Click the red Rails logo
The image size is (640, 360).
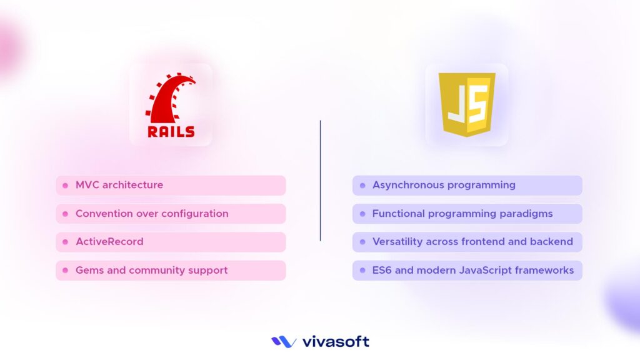coord(170,104)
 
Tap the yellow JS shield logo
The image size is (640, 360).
coord(466,104)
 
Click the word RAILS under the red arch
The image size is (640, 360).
coord(171,131)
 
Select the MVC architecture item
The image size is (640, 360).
coord(171,185)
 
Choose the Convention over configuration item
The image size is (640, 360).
coord(171,214)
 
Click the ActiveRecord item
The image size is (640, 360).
coord(171,242)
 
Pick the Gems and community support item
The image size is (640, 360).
coord(171,271)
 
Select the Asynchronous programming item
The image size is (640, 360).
coord(467,185)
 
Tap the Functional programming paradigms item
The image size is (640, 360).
coord(467,214)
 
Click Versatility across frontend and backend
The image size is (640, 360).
coord(467,242)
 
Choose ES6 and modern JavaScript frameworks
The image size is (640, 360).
coord(467,271)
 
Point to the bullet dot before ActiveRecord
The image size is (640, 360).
coord(65,242)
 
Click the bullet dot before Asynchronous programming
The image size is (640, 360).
coord(362,186)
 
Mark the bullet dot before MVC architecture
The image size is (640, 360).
coord(65,186)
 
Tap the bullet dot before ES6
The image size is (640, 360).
coord(362,271)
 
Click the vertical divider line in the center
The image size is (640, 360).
coord(320,181)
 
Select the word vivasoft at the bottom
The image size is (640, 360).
coord(336,342)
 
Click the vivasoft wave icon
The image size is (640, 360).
coord(284,342)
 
